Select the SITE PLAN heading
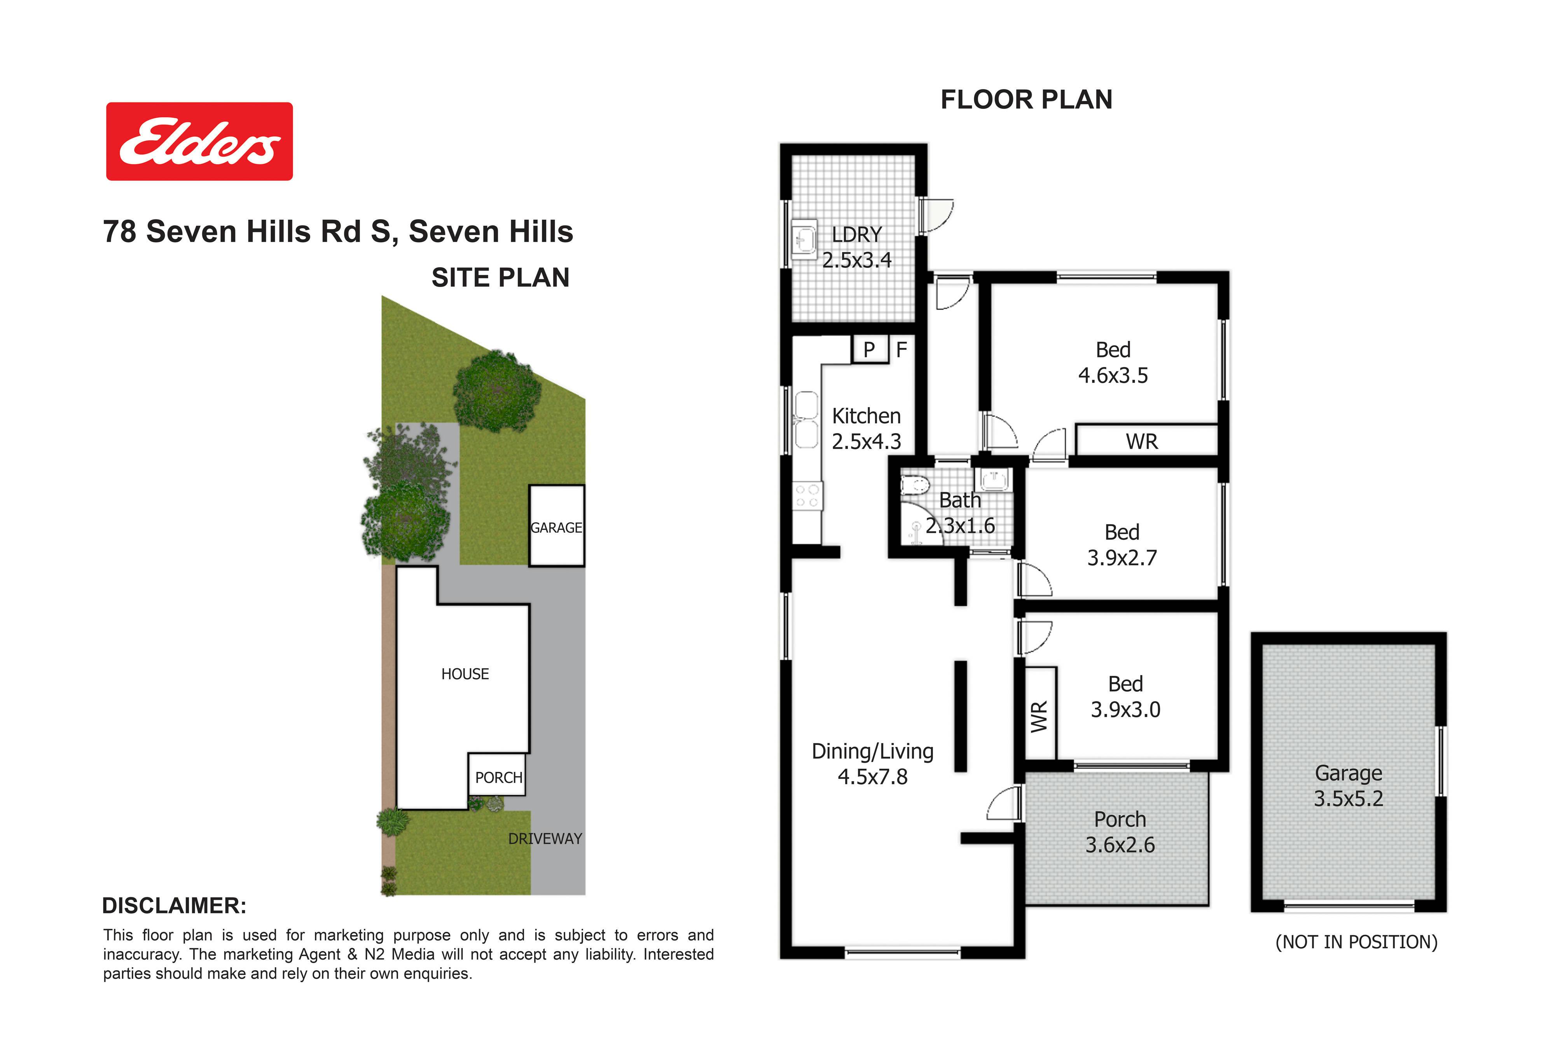500,278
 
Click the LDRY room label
857,235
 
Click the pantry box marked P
869,349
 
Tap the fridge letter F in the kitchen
901,349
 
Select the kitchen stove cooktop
807,496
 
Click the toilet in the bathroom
915,486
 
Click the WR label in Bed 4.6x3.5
1142,442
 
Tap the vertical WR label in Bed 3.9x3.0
1039,716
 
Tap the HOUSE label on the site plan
465,674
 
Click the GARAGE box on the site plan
557,526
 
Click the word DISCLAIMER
174,906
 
